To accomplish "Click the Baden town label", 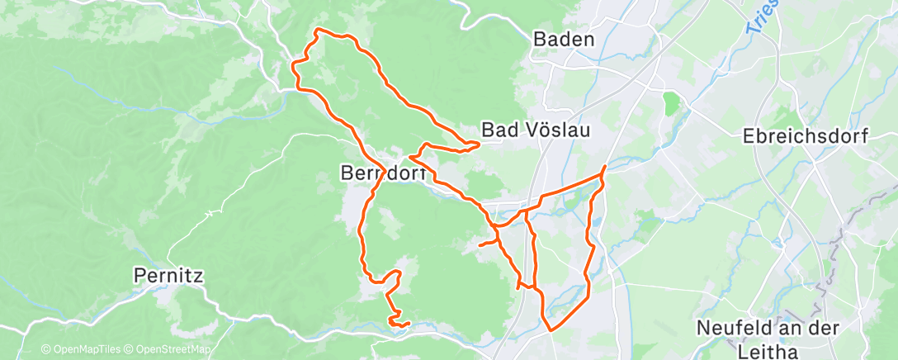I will pos(564,39).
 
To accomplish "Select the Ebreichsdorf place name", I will pos(806,136).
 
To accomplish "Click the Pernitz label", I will pos(168,275).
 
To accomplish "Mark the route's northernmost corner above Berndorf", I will pos(318,31).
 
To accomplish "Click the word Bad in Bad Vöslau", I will pos(499,130).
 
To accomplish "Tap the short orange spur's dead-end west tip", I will pos(480,245).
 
